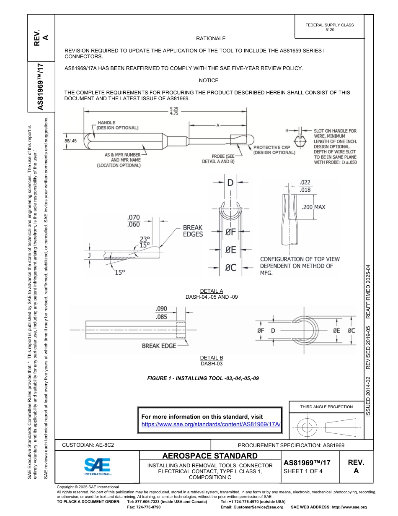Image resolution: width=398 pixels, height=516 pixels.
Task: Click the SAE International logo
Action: tap(98, 466)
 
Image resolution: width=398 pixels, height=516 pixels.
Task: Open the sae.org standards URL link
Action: tap(211, 424)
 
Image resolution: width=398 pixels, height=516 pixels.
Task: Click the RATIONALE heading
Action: tap(211, 39)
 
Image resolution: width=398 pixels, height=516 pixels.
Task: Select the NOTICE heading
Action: tap(209, 81)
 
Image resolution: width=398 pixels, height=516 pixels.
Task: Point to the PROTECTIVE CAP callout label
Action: tap(274, 150)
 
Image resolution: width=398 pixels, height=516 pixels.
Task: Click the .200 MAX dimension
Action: tap(313, 207)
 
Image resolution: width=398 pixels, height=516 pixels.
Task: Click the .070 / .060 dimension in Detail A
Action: tap(133, 221)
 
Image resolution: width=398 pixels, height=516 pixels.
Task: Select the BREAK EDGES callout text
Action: tap(193, 231)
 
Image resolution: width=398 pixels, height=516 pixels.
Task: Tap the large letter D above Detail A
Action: tap(230, 183)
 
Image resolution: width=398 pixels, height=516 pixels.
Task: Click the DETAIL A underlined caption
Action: tap(212, 291)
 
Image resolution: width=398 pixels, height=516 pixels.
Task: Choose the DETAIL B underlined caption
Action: tap(212, 358)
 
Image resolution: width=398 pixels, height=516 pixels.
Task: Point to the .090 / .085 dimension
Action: tap(161, 313)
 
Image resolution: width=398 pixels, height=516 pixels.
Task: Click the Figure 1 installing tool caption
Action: tap(203, 378)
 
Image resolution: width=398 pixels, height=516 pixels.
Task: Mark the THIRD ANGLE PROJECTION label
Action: tap(326, 407)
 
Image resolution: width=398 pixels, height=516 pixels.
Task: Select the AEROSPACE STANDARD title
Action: tap(210, 456)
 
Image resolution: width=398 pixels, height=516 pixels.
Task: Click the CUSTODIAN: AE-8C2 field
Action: tap(88, 445)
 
